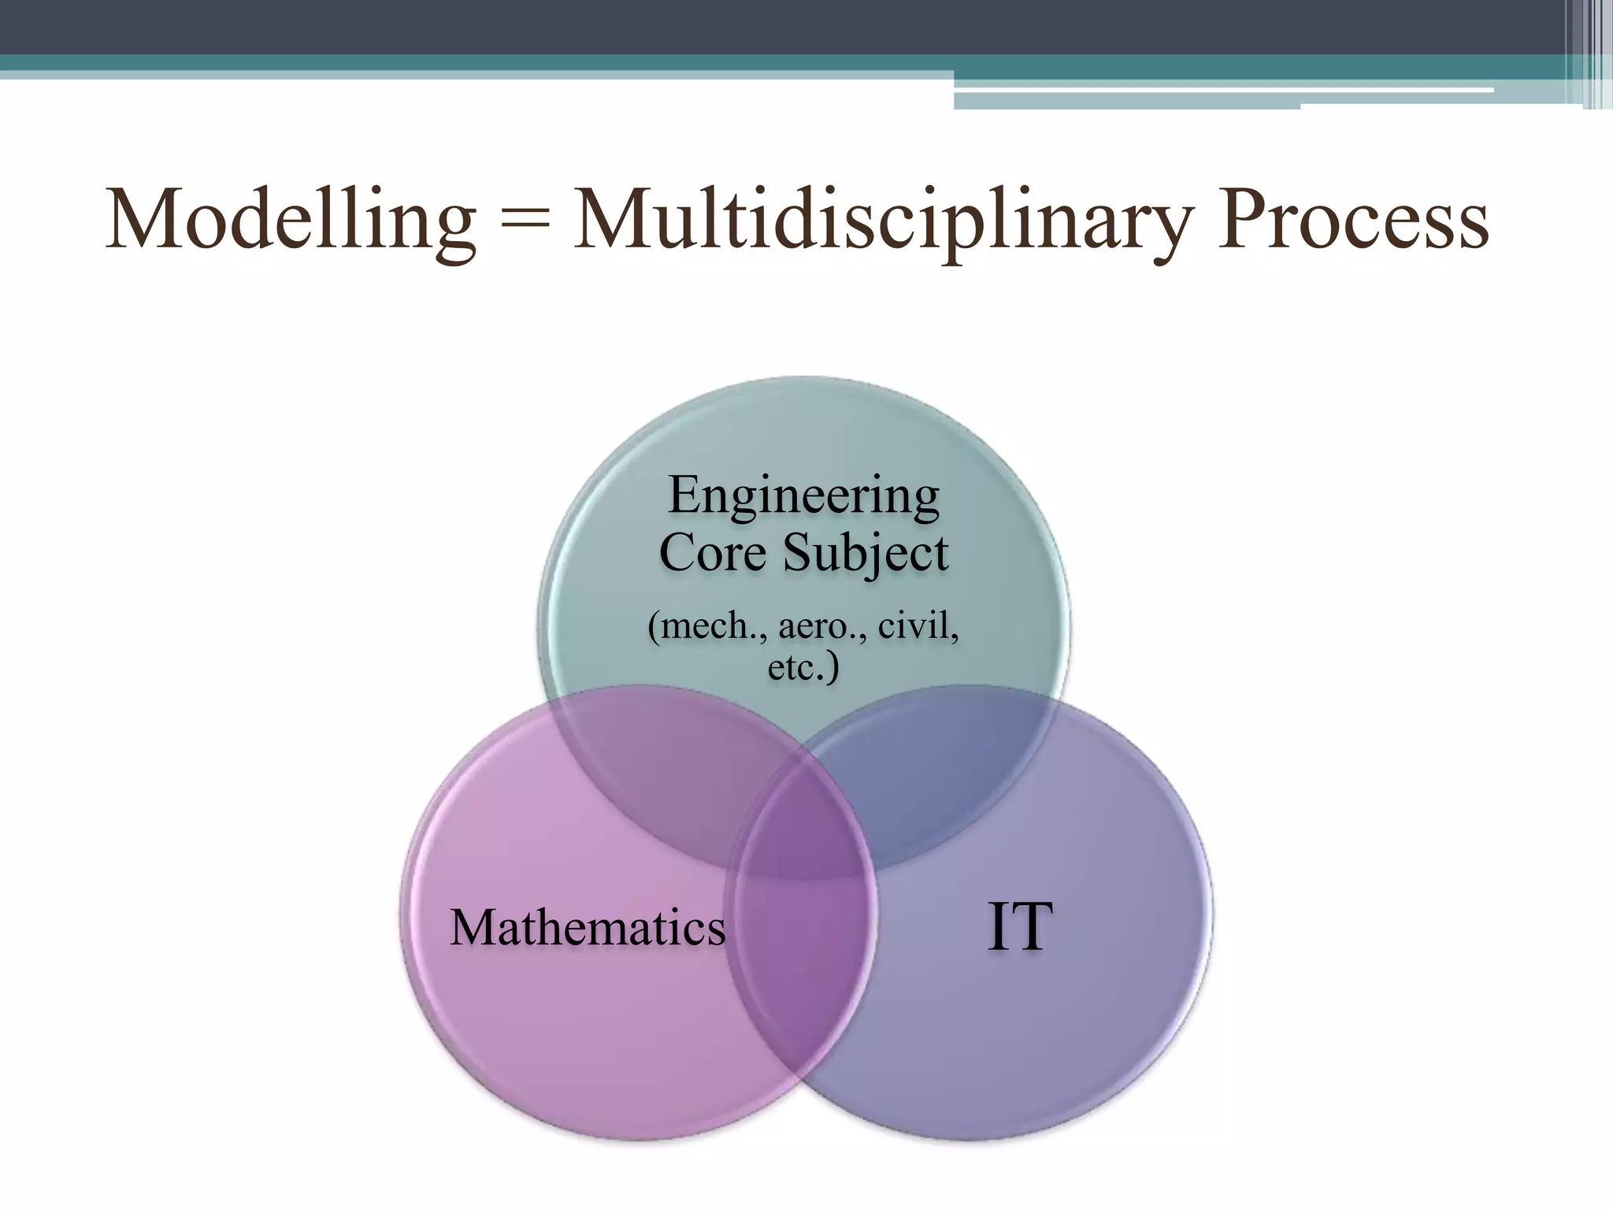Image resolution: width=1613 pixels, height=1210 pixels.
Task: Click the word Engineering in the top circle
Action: (x=803, y=496)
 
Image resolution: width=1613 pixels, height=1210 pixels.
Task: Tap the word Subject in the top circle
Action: (x=865, y=555)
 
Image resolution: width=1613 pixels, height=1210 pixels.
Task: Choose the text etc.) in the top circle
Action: (x=803, y=668)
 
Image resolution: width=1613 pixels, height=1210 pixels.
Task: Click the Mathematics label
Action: (x=588, y=927)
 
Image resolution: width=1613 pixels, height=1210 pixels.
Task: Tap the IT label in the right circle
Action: (x=1019, y=927)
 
